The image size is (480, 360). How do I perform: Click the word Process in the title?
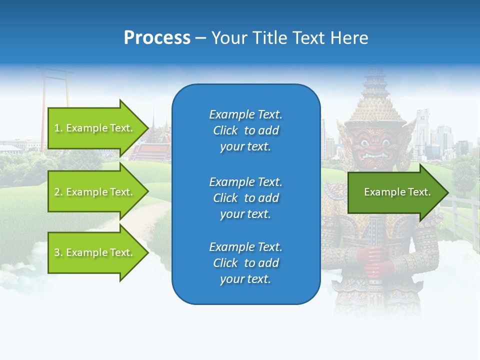coord(157,38)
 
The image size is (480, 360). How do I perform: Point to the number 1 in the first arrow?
coord(57,128)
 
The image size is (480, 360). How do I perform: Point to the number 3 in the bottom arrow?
coord(57,252)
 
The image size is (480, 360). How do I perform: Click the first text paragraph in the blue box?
coord(245,130)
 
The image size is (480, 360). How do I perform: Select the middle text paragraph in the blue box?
coord(245,198)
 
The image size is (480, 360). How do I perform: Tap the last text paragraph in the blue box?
coord(245,263)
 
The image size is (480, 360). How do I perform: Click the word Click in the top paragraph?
coord(225,130)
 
